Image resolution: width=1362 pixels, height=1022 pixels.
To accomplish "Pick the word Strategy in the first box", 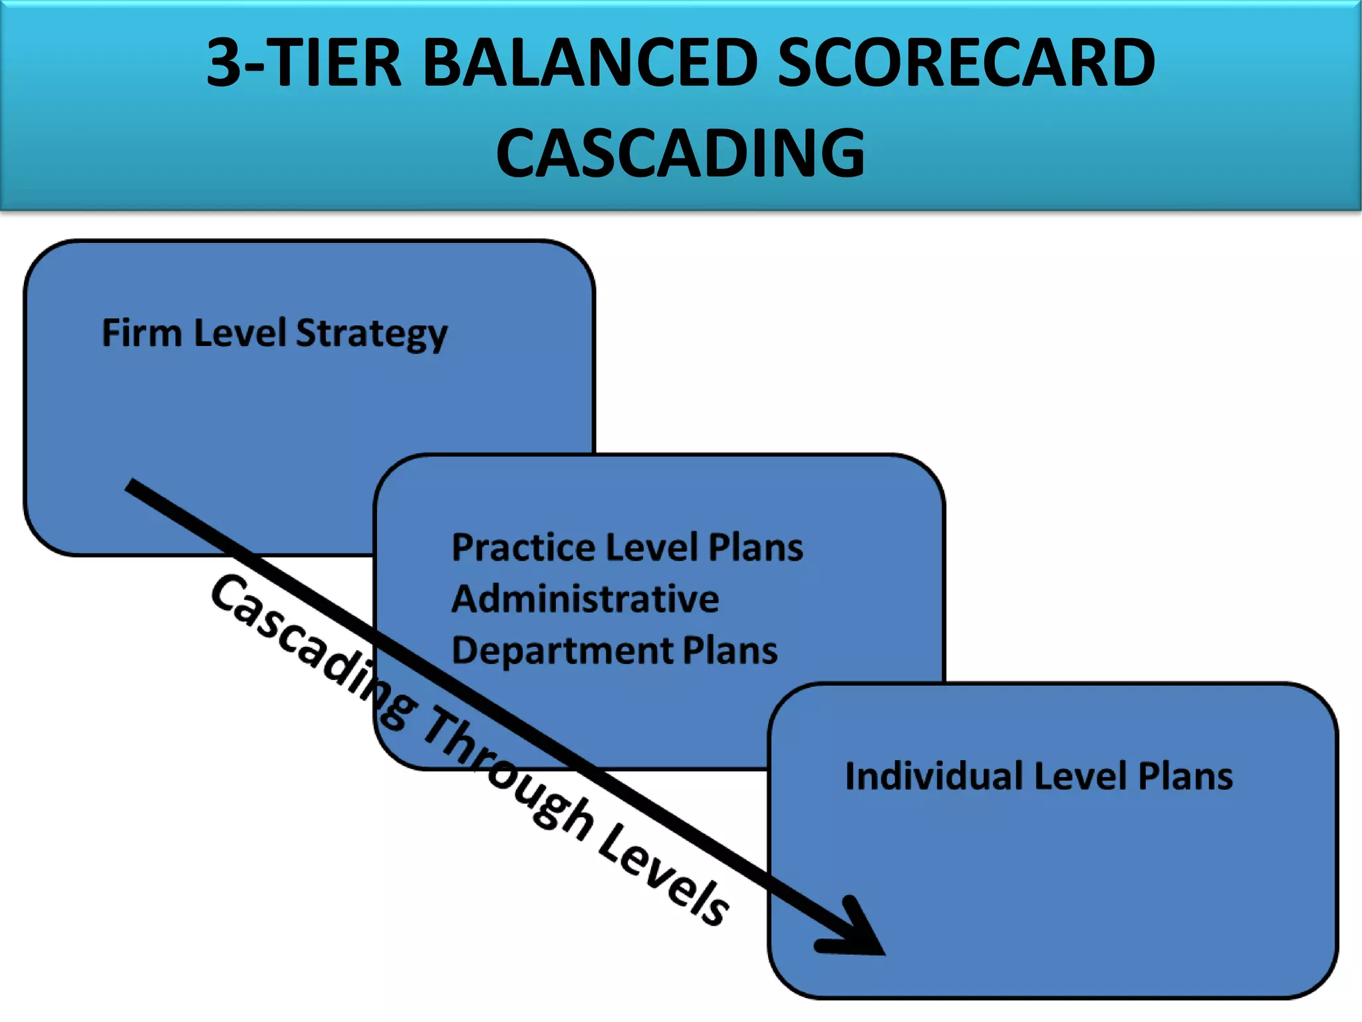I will pos(371,334).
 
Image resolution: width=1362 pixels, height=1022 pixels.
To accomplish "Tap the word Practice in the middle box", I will pos(523,548).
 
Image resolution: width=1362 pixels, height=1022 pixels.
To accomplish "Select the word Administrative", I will pos(585,599).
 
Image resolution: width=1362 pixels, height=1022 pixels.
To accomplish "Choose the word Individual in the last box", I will pos(934,776).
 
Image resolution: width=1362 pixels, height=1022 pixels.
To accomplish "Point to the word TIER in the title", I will pos(336,63).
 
